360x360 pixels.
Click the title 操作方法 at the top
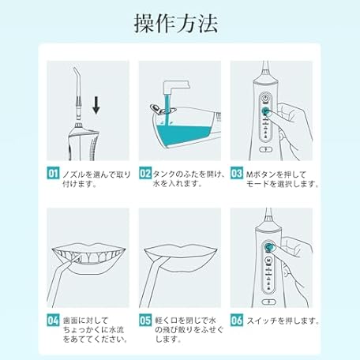point(176,24)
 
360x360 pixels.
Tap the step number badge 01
point(53,173)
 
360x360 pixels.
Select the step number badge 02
point(145,173)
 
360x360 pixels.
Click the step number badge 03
point(237,173)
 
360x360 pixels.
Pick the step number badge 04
point(53,321)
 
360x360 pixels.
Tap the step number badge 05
point(145,321)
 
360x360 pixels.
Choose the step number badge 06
point(237,321)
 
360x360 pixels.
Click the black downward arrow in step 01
point(96,105)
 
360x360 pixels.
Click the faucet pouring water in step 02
point(176,87)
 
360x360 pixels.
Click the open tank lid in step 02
point(156,109)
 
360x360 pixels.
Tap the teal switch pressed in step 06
point(268,247)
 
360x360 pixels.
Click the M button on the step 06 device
point(268,261)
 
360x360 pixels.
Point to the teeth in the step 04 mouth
point(89,256)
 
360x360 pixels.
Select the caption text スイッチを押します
point(283,321)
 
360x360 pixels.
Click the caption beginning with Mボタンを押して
point(283,179)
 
